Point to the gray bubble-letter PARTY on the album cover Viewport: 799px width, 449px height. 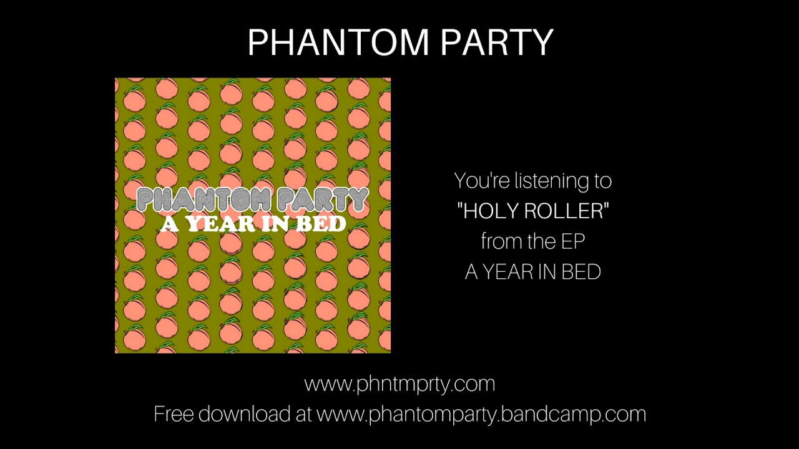click(322, 200)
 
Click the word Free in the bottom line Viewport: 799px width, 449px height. click(174, 414)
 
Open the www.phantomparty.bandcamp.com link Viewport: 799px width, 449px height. click(481, 415)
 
